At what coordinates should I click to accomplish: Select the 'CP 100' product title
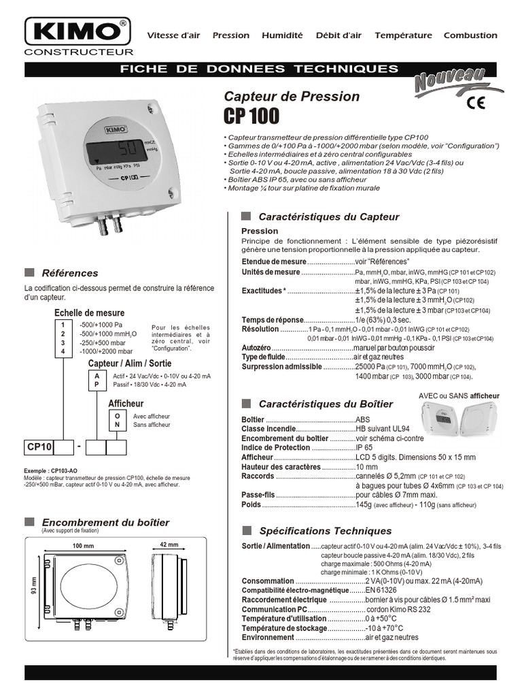pos(251,116)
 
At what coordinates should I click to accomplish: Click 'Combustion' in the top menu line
pos(470,35)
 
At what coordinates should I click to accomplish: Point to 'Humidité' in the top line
pos(282,35)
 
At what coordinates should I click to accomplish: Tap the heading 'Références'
pos(70,273)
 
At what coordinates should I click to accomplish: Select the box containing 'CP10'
pos(39,447)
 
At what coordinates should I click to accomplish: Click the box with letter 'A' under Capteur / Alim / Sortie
pos(97,376)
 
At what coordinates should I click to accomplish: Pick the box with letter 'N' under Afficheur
pos(118,425)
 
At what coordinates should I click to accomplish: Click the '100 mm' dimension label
pos(82,546)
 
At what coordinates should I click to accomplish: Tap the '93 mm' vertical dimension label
pos(33,587)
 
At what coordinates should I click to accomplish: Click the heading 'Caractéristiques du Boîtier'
pos(326,404)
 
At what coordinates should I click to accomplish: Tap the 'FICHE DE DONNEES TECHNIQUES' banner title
pos(258,69)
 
